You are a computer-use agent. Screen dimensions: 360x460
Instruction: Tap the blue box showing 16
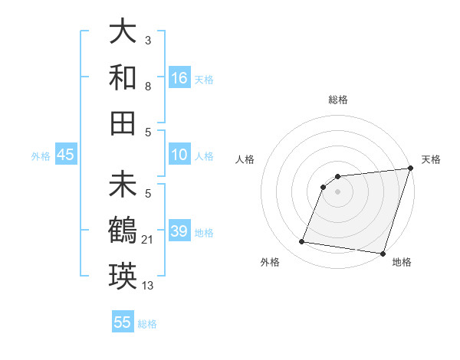pyautogui.click(x=179, y=77)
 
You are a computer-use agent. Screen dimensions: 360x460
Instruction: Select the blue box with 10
pyautogui.click(x=179, y=155)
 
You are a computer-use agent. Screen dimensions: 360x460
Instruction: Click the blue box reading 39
pyautogui.click(x=179, y=231)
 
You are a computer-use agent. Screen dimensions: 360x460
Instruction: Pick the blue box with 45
pyautogui.click(x=65, y=155)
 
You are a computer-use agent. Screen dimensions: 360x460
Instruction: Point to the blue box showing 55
pyautogui.click(x=123, y=322)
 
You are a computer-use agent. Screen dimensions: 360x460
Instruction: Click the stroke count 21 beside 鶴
pyautogui.click(x=148, y=241)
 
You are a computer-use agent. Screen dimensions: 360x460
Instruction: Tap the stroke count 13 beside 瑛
pyautogui.click(x=148, y=286)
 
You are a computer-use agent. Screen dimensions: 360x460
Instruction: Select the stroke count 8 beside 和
pyautogui.click(x=147, y=87)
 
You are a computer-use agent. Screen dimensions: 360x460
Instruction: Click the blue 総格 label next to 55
pyautogui.click(x=147, y=324)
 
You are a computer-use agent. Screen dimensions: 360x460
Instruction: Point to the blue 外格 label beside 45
pyautogui.click(x=41, y=155)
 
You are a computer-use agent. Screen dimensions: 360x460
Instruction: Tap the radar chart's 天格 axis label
pyautogui.click(x=431, y=159)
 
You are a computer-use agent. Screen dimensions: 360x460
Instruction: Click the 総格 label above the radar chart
pyautogui.click(x=337, y=100)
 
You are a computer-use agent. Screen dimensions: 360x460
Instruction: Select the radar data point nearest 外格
pyautogui.click(x=302, y=242)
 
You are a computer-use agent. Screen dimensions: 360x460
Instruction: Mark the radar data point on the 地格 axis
pyautogui.click(x=383, y=253)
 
